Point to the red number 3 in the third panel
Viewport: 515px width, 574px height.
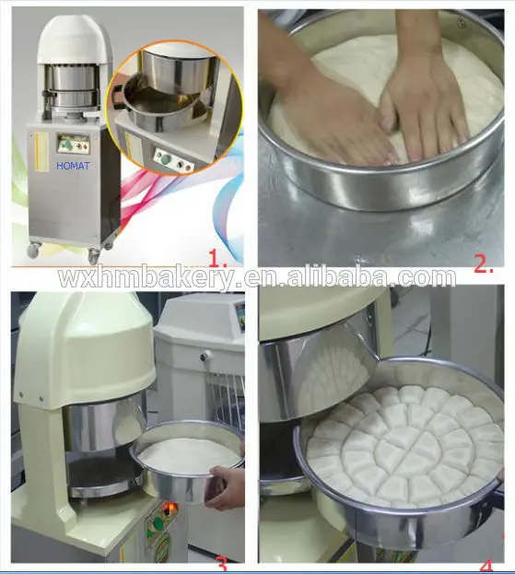coord(221,562)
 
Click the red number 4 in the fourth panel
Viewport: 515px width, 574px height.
coord(486,562)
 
